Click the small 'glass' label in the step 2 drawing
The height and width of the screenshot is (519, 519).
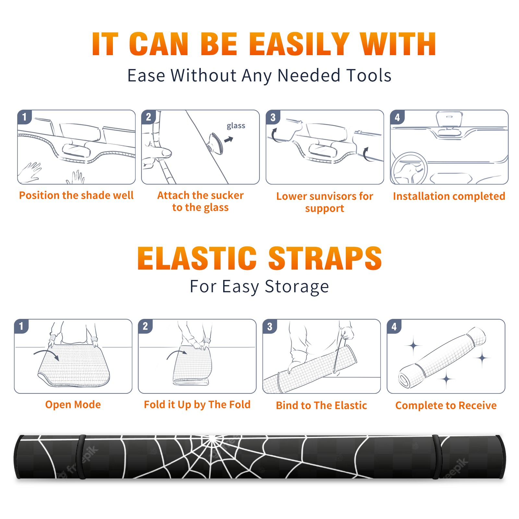(x=236, y=126)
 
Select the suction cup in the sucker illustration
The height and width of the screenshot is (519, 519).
(x=216, y=143)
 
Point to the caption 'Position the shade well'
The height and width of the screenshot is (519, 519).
(x=76, y=195)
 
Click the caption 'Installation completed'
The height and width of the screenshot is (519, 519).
(x=449, y=196)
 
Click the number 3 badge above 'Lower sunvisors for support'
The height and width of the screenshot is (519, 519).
(x=273, y=117)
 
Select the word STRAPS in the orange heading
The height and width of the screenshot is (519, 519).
(x=325, y=258)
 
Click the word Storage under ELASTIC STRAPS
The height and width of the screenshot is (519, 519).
(x=297, y=287)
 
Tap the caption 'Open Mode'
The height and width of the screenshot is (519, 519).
(x=73, y=404)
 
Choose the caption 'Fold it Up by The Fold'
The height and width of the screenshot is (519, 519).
(x=197, y=405)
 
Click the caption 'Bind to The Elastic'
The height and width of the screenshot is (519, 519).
(x=321, y=405)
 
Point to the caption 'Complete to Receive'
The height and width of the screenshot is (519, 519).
(x=446, y=405)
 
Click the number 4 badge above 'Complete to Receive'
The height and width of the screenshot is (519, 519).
(x=394, y=326)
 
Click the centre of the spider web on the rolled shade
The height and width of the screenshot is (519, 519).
(x=212, y=440)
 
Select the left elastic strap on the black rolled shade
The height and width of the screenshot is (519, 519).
(x=82, y=457)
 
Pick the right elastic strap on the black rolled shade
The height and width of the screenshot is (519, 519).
(x=437, y=457)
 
